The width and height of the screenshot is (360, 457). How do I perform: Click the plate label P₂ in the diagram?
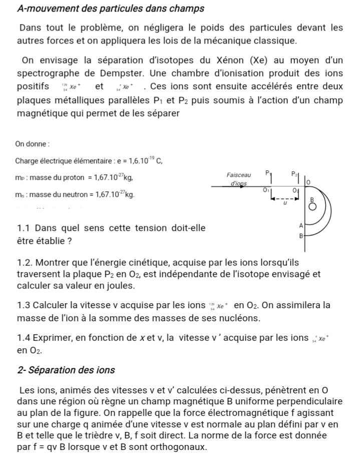pyautogui.click(x=294, y=173)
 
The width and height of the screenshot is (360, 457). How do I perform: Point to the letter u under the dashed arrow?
pyautogui.click(x=285, y=203)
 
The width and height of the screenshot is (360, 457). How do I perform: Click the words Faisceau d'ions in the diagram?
pyautogui.click(x=239, y=179)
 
